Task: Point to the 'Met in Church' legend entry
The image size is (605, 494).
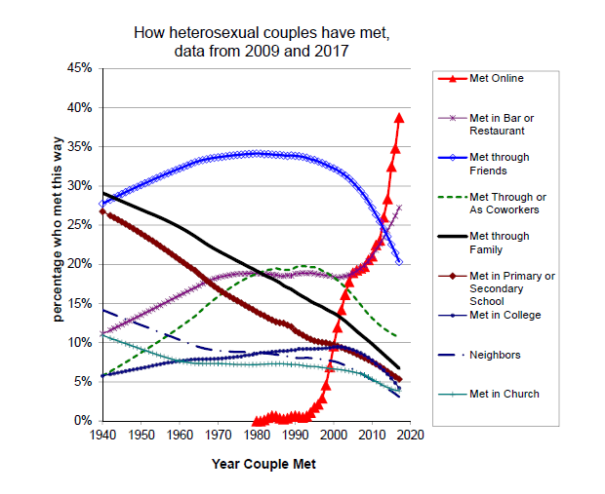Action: coord(503,394)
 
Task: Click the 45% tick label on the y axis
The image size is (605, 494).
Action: coord(79,68)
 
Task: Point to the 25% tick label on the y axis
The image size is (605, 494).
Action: coord(79,225)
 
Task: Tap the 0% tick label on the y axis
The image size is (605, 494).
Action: coord(83,421)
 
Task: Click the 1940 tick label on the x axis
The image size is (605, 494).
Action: coord(103,435)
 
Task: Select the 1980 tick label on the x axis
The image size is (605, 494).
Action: coord(257,435)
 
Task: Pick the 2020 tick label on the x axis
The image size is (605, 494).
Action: coord(409,435)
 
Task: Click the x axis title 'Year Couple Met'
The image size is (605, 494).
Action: coord(262,464)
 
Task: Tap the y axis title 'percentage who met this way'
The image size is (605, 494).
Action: coord(59,245)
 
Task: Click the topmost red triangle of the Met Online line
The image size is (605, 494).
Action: coord(399,118)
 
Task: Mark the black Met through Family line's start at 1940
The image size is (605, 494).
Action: coord(103,193)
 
